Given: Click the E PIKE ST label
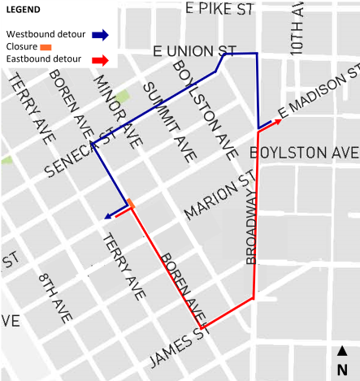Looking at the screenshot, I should point(219,9).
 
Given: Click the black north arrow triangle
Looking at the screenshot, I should point(343,351).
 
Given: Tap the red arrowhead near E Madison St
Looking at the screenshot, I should point(279,120).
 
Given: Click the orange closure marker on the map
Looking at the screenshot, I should point(130,202).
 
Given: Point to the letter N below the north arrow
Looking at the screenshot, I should point(343,369).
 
